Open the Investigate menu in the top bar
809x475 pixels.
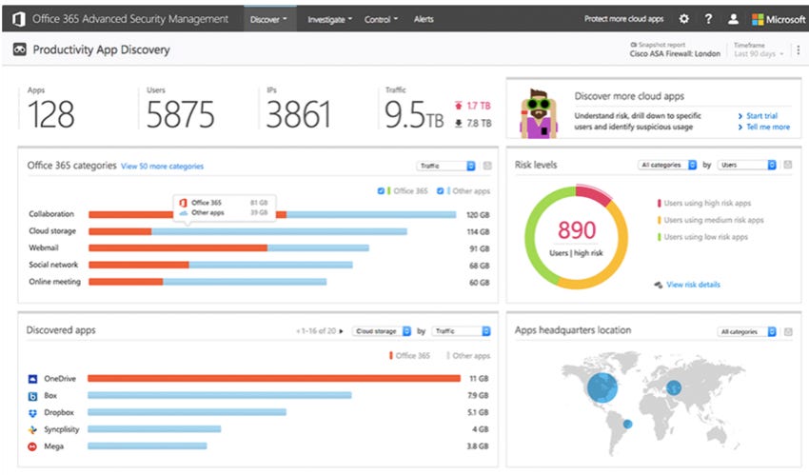pos(329,19)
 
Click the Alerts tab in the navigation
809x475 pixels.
pos(424,19)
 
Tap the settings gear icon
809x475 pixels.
pos(683,19)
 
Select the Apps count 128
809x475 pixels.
pos(51,114)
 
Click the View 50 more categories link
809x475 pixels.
pos(162,166)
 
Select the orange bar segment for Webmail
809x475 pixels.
pos(177,247)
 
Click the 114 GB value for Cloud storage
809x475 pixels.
pos(478,231)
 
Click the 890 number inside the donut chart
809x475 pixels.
pos(577,230)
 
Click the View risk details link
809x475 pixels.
pos(693,285)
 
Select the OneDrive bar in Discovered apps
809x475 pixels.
pos(274,378)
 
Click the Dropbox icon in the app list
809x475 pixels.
pos(33,412)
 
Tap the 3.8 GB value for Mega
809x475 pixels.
pos(478,445)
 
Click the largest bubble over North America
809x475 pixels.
pos(601,386)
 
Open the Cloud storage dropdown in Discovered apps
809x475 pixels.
pos(381,331)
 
